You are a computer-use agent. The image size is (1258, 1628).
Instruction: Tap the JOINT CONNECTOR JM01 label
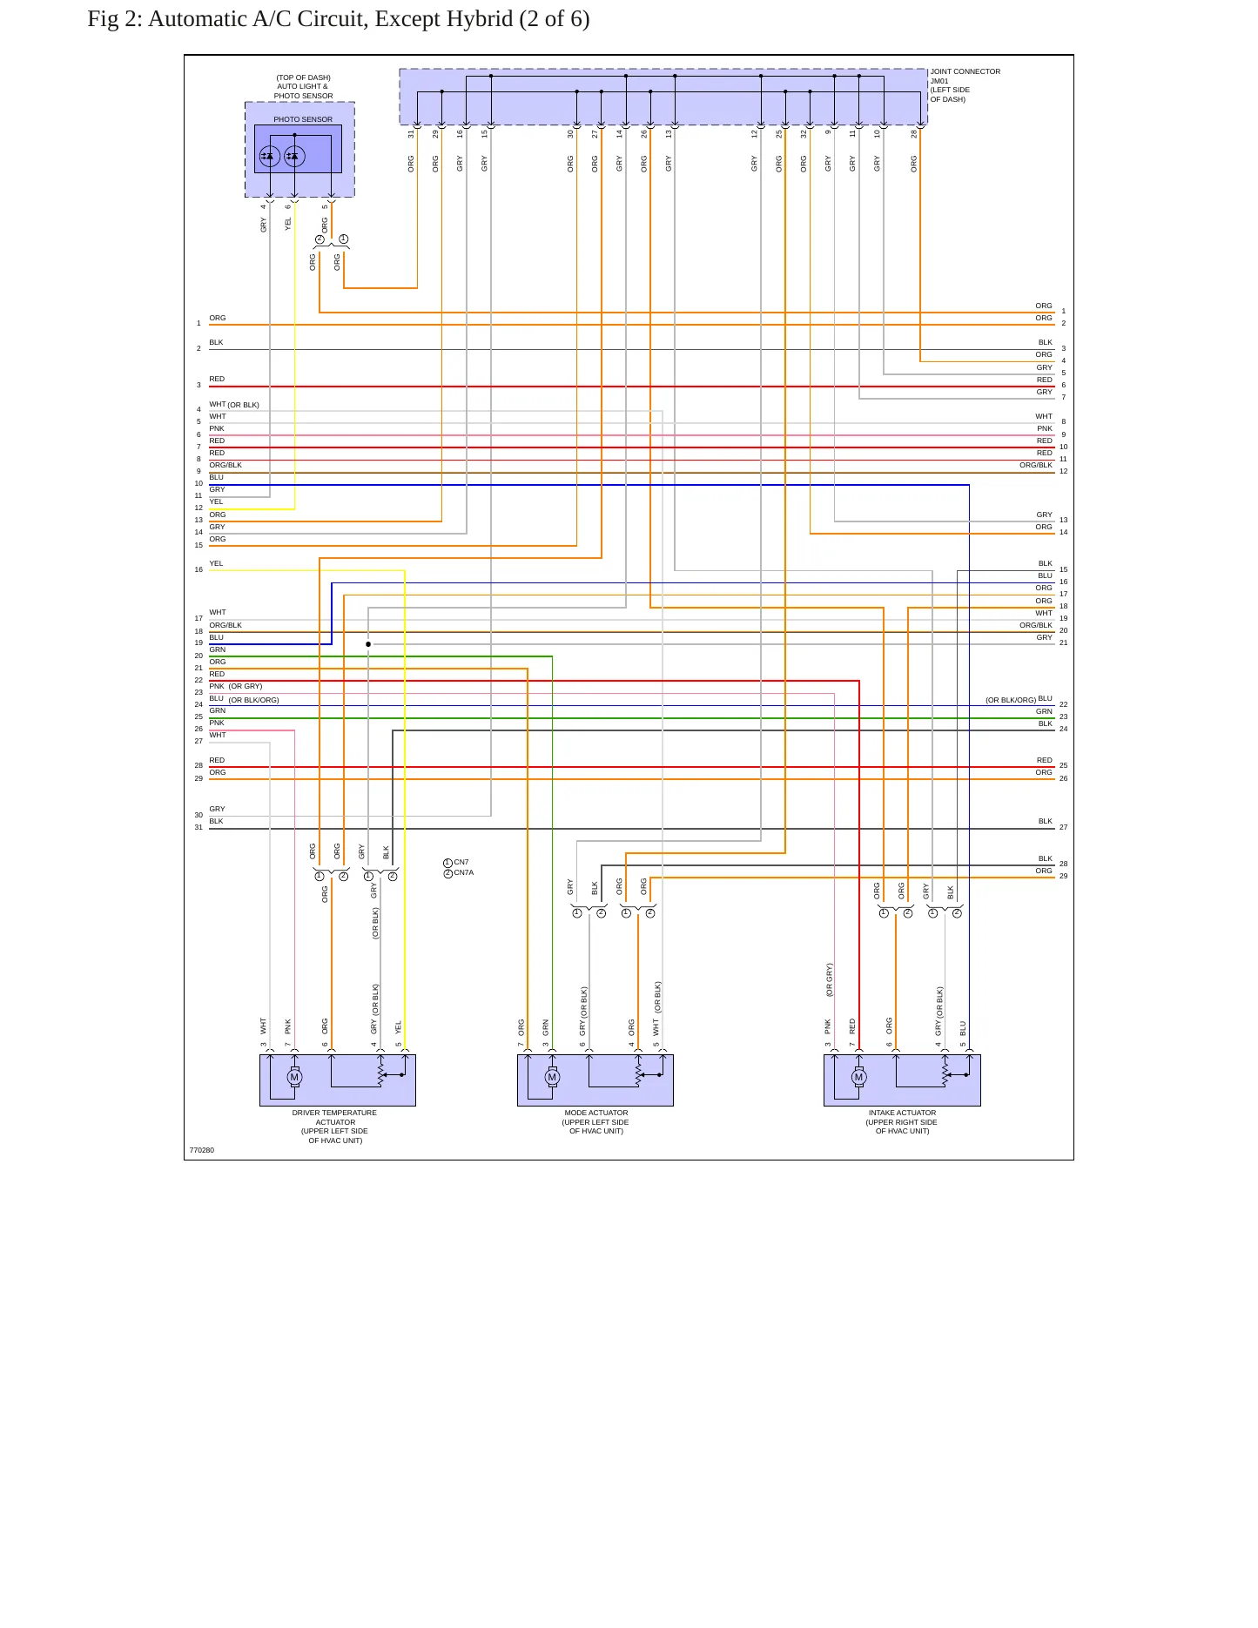click(x=965, y=77)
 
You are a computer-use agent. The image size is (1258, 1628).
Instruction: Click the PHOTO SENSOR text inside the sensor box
click(x=303, y=119)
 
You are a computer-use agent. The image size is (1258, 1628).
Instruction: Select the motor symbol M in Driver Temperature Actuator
click(x=294, y=1077)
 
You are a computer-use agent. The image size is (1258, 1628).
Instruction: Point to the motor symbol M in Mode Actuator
click(x=552, y=1077)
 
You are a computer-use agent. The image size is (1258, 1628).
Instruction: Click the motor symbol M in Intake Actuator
click(x=858, y=1077)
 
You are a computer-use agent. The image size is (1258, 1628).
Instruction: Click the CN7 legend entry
click(x=457, y=863)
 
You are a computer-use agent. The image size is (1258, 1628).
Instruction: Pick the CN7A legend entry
click(x=459, y=873)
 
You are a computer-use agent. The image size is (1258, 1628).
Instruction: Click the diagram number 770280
click(x=202, y=1150)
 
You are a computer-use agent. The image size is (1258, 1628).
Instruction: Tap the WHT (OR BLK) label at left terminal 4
click(x=234, y=405)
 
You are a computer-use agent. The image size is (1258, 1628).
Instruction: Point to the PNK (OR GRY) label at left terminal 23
click(x=236, y=686)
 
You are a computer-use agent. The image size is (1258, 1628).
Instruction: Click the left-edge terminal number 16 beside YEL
click(x=198, y=570)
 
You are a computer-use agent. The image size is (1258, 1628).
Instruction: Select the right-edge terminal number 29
click(x=1063, y=876)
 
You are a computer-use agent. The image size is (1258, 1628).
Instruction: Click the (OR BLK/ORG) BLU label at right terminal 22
click(x=1019, y=699)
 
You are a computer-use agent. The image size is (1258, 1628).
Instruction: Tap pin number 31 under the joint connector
click(x=412, y=134)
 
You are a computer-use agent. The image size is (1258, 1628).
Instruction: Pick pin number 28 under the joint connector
click(x=914, y=134)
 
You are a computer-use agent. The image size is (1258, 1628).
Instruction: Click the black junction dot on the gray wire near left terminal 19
click(x=368, y=644)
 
